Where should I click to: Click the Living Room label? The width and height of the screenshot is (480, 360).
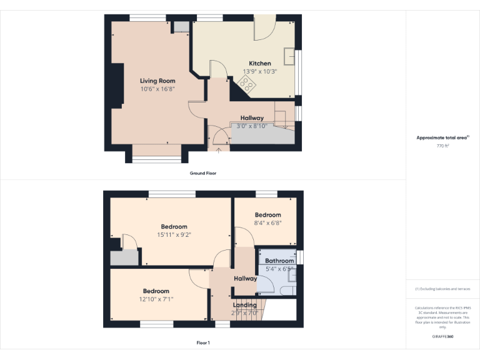157,81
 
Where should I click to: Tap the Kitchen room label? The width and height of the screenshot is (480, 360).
260,63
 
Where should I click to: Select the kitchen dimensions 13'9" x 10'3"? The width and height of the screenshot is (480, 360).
260,71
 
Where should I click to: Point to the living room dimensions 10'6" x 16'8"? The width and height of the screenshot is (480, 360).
157,89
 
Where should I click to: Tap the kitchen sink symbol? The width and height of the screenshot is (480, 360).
290,56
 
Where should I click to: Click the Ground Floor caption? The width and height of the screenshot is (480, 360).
203,172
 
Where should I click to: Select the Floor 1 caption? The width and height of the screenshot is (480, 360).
203,342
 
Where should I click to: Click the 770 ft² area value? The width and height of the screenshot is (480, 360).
442,146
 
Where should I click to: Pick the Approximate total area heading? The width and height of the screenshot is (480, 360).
442,137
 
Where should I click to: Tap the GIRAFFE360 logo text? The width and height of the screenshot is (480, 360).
442,336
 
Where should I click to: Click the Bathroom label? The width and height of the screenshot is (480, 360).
279,261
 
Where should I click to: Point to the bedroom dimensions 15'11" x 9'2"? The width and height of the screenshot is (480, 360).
174,235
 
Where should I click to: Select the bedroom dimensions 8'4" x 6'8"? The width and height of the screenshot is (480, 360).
267,223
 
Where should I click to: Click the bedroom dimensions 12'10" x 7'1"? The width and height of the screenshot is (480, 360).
156,299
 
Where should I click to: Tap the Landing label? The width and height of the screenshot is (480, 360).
245,305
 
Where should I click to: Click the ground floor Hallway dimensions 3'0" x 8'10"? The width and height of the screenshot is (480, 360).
252,126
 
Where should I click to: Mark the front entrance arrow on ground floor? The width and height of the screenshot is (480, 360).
219,149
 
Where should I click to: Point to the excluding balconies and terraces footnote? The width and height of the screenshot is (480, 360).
442,289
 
